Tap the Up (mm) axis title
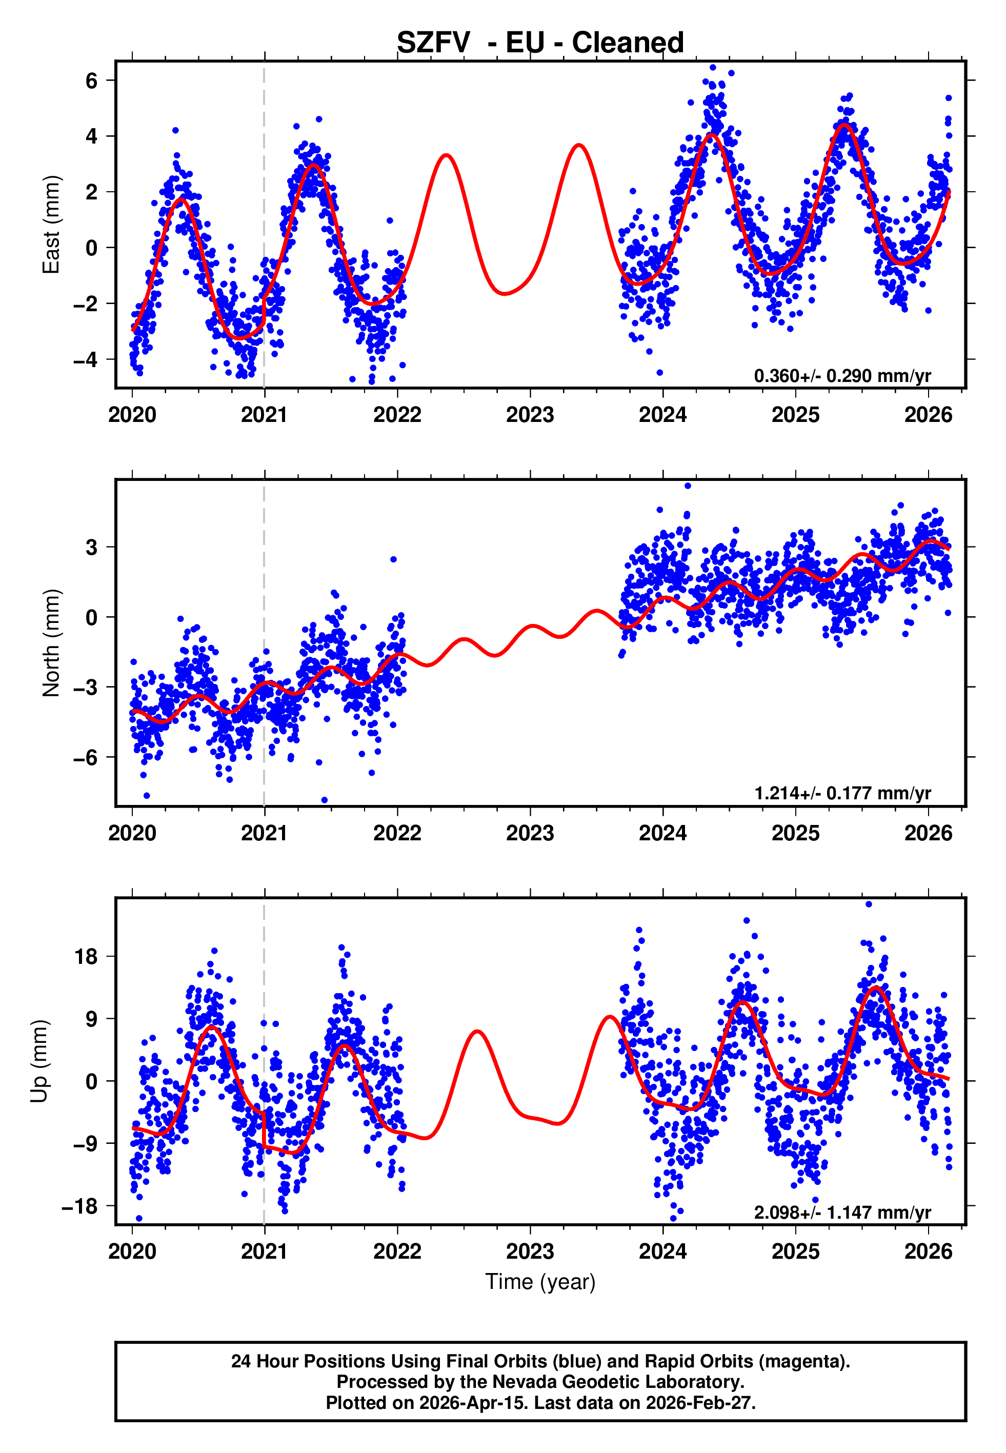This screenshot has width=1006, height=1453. click(x=39, y=1061)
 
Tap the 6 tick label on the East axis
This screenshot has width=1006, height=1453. click(x=92, y=80)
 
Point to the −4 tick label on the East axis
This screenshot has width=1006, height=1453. click(x=86, y=360)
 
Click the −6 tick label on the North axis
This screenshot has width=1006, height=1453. click(x=86, y=757)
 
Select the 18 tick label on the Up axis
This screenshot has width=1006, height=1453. click(x=86, y=957)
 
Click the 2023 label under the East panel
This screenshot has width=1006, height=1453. click(x=530, y=415)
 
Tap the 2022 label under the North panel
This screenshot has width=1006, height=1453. click(x=397, y=834)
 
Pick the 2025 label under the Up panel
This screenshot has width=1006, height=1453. click(x=795, y=1252)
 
